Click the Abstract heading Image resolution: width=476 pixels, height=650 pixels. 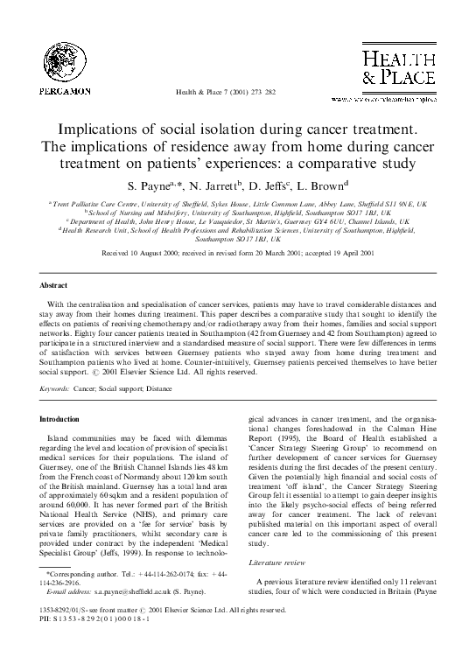click(54, 286)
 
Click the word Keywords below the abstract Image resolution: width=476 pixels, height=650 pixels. click(58, 360)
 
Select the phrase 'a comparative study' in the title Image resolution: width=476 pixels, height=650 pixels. click(336, 164)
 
